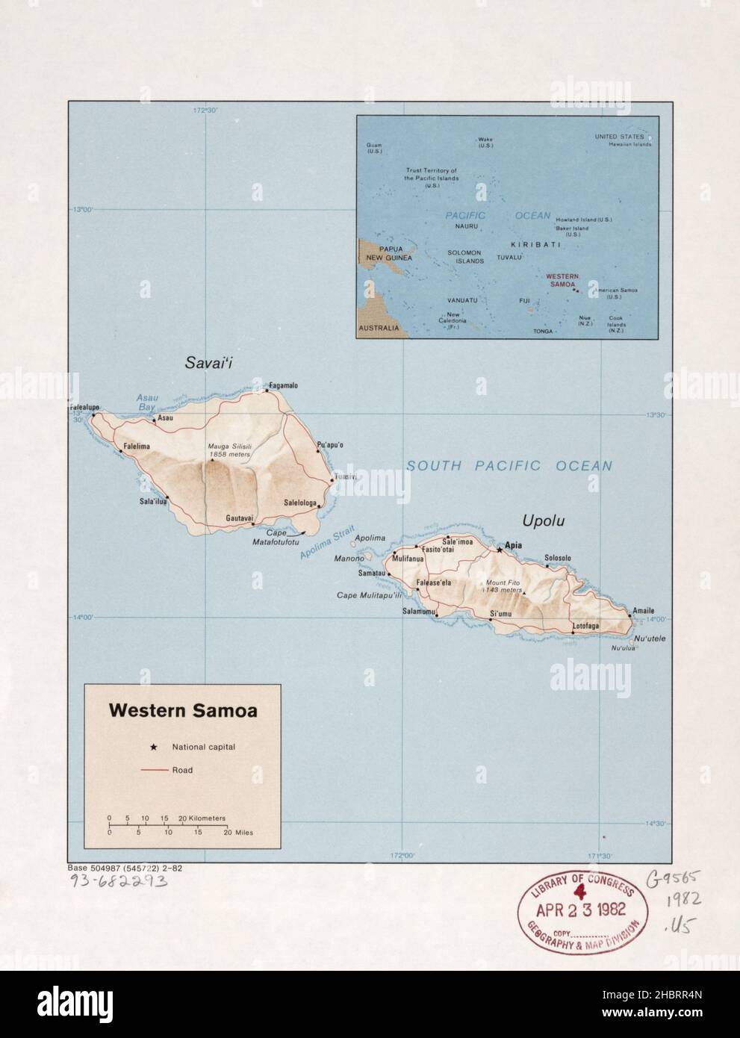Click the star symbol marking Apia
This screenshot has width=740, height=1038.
(500, 550)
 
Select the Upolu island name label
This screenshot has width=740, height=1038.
(543, 520)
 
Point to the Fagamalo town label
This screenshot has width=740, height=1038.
(284, 385)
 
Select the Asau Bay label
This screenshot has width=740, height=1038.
(146, 403)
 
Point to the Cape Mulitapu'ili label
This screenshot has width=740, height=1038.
(369, 595)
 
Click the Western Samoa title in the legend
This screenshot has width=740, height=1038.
(183, 711)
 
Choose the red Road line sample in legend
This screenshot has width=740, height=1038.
(153, 770)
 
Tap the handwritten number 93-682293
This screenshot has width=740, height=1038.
(117, 880)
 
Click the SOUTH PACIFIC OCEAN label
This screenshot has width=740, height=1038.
(509, 466)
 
